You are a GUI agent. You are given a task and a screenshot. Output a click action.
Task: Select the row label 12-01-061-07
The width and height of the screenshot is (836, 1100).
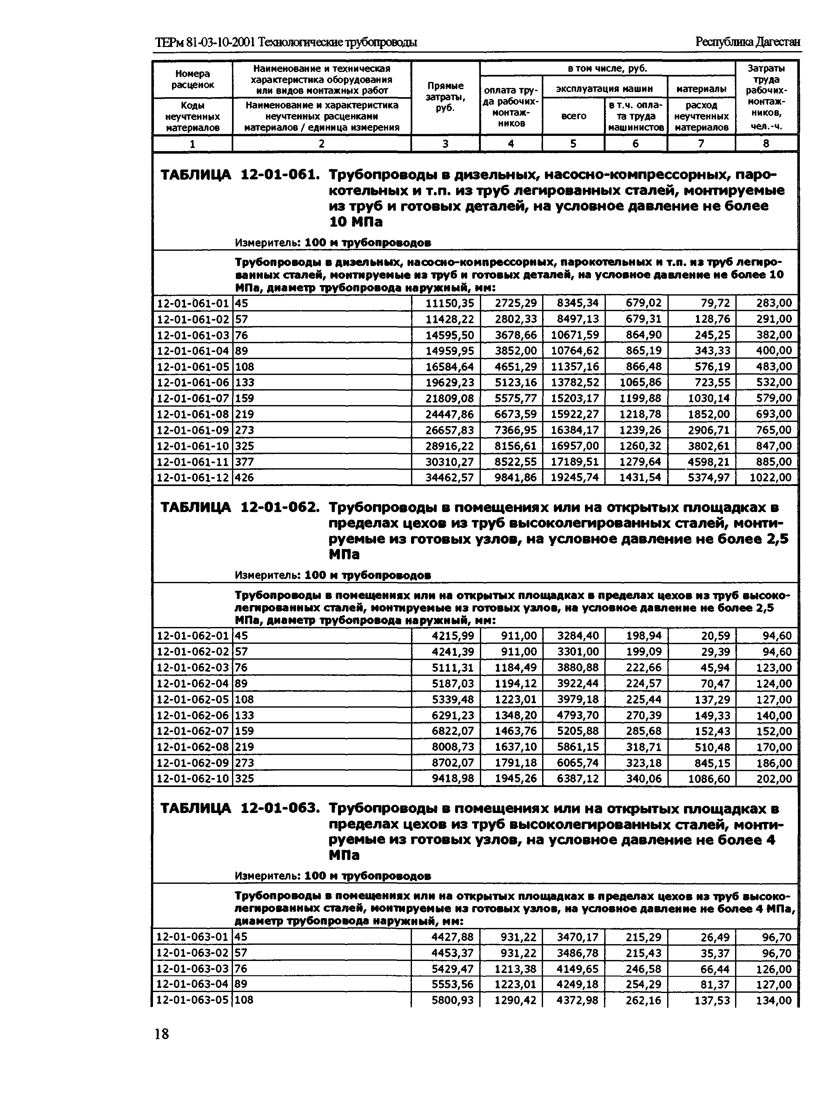click(193, 398)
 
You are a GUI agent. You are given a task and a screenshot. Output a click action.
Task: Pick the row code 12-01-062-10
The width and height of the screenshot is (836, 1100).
click(193, 778)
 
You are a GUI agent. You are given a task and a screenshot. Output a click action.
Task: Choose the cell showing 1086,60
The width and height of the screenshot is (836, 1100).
click(709, 778)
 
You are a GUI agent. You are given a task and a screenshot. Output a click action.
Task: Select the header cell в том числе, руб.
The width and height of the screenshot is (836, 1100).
click(607, 68)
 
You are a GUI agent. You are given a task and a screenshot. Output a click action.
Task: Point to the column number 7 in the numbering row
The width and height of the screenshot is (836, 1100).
click(701, 144)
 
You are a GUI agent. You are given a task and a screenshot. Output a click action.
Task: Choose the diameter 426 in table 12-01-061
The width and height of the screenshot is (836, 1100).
click(244, 478)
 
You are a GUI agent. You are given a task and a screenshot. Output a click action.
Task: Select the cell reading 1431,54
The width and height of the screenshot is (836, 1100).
click(640, 478)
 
